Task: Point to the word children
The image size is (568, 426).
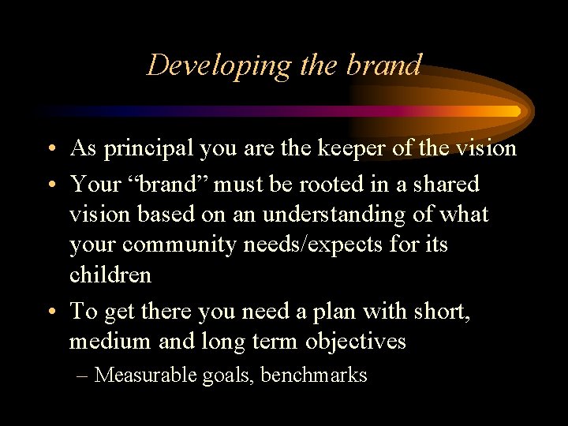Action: pyautogui.click(x=110, y=275)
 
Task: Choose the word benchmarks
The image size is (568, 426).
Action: pyautogui.click(x=313, y=375)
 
